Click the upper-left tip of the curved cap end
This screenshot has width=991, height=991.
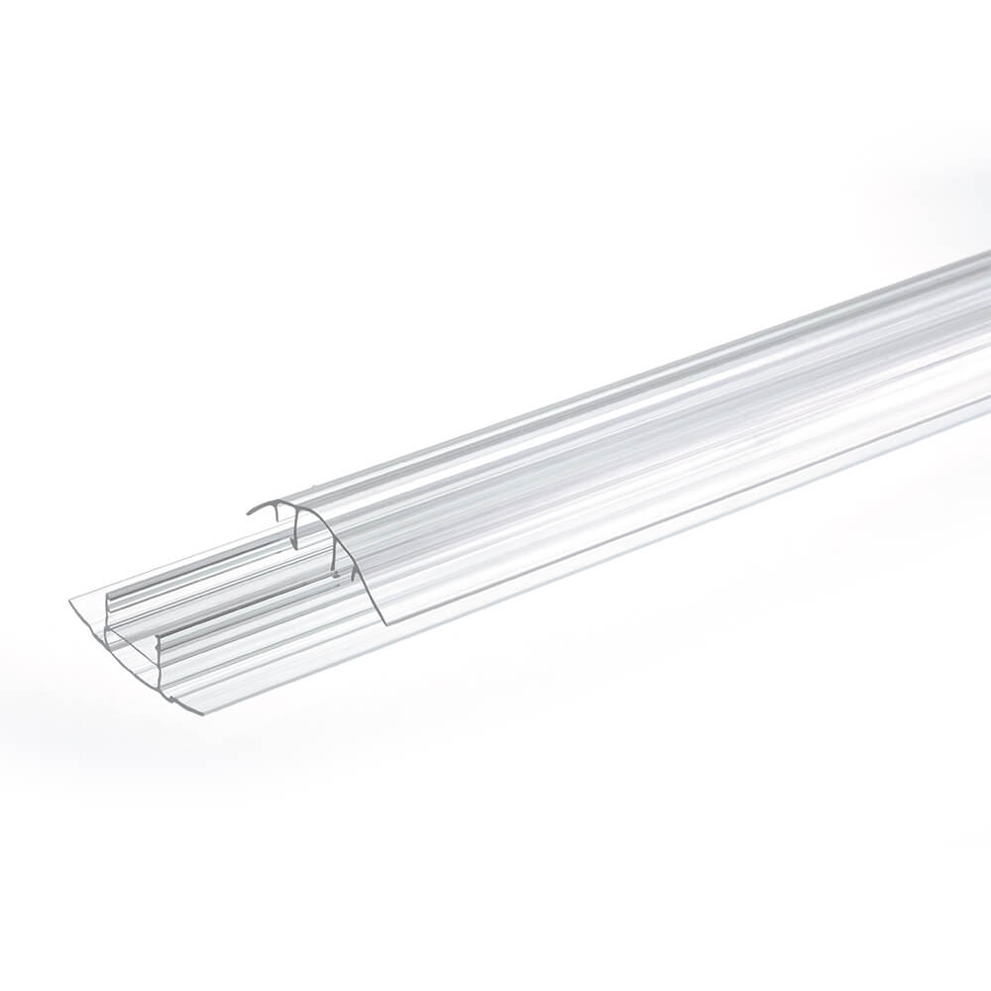point(249,512)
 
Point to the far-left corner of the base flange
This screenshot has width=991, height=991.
point(71,601)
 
